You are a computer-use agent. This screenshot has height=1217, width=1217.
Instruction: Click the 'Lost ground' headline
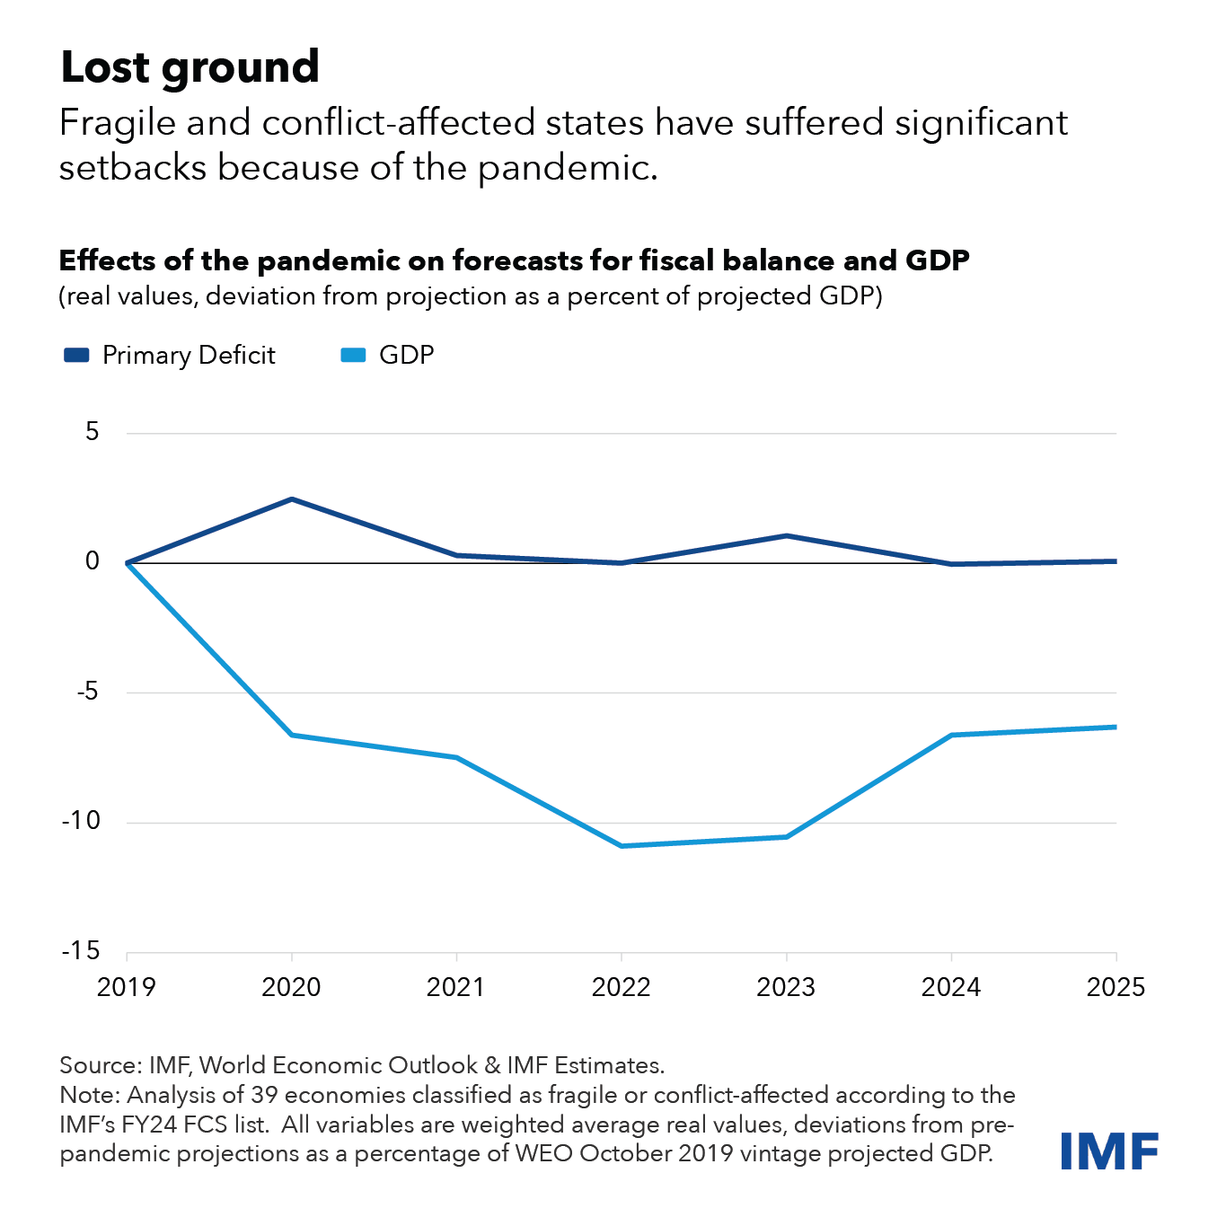click(x=190, y=67)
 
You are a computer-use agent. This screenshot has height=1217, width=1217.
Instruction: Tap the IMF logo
click(x=1109, y=1151)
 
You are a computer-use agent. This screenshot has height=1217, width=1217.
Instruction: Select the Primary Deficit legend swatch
click(x=76, y=355)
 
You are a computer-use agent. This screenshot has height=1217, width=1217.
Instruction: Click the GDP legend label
click(x=406, y=355)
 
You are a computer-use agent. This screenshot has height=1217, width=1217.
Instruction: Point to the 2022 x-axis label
click(x=621, y=987)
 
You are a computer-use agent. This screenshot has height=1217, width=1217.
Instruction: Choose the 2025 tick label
click(x=1116, y=987)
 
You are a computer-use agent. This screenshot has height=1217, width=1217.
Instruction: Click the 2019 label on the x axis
click(x=127, y=987)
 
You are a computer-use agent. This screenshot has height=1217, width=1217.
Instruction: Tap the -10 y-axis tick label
click(x=81, y=820)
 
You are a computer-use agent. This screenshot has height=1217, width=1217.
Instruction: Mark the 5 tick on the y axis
click(x=93, y=432)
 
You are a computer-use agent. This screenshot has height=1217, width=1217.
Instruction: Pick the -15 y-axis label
click(x=81, y=950)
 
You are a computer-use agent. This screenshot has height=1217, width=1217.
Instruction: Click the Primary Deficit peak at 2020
click(x=292, y=499)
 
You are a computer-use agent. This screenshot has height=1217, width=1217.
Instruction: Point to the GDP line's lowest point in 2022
click(x=622, y=845)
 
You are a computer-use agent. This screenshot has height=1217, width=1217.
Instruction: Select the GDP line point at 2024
click(x=951, y=735)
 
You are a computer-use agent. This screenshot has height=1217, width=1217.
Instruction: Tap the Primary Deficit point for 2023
click(x=787, y=536)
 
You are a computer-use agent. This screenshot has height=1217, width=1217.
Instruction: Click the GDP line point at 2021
click(x=456, y=757)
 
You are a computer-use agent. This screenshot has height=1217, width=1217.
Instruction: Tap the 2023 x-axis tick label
click(x=786, y=987)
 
